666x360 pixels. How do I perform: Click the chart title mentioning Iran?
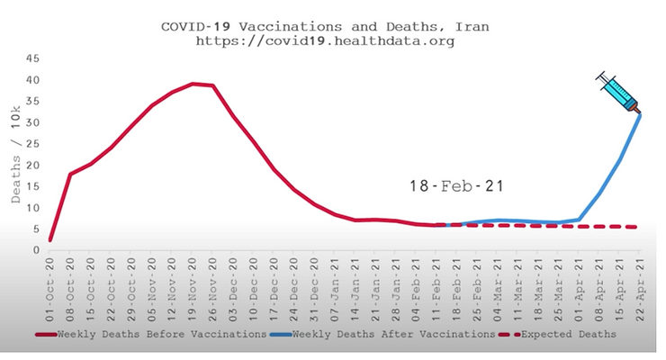(325, 26)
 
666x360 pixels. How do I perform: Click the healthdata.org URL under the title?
(325, 41)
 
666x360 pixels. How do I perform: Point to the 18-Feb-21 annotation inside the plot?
(454, 186)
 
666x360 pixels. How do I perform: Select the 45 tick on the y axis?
(31, 58)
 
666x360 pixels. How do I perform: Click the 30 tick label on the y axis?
(31, 122)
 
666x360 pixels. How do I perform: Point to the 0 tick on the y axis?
(35, 252)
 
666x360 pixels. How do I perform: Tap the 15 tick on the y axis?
(31, 187)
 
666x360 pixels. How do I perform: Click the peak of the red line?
(193, 84)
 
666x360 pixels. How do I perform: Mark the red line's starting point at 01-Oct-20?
(50, 240)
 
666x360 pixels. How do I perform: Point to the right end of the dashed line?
(637, 227)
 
